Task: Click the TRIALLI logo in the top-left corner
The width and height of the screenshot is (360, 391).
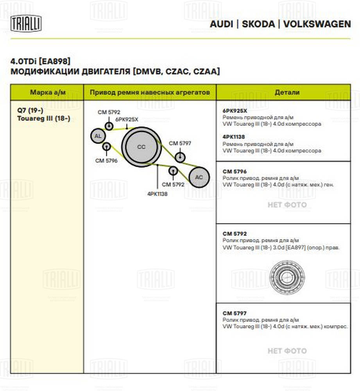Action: (x=27, y=23)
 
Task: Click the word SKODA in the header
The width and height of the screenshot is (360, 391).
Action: (x=258, y=24)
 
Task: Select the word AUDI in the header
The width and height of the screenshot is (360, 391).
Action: (x=221, y=24)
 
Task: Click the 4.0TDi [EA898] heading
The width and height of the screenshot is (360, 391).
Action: (x=41, y=61)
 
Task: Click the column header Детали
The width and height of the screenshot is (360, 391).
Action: (x=287, y=92)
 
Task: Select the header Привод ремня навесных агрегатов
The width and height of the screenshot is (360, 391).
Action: (x=150, y=92)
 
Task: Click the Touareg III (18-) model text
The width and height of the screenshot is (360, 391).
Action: (x=44, y=118)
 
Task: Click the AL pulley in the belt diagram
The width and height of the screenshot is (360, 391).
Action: (x=98, y=136)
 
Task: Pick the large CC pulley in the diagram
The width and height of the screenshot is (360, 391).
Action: (x=141, y=147)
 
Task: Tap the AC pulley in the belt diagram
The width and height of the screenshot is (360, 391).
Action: (x=199, y=177)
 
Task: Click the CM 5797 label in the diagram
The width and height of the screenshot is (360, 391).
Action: (x=180, y=143)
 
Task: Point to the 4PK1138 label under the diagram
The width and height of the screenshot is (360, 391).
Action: (x=158, y=193)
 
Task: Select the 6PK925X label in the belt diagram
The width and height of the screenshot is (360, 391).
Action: (x=127, y=119)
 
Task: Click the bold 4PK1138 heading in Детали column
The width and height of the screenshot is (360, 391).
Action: (x=233, y=137)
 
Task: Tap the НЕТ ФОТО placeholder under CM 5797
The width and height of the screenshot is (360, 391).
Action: (x=287, y=351)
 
